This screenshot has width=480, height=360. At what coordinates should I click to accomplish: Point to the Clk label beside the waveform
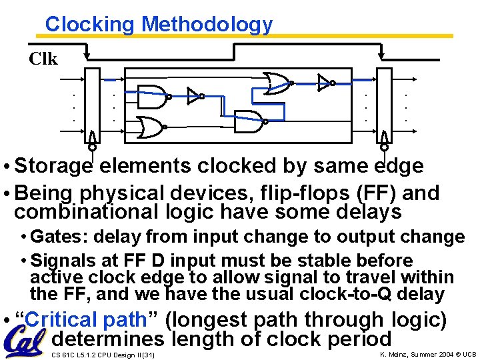[43, 59]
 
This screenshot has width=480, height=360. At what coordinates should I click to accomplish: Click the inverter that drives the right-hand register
[325, 83]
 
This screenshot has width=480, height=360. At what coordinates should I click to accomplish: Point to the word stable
[325, 260]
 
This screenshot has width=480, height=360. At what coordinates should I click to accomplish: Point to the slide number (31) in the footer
[145, 355]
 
